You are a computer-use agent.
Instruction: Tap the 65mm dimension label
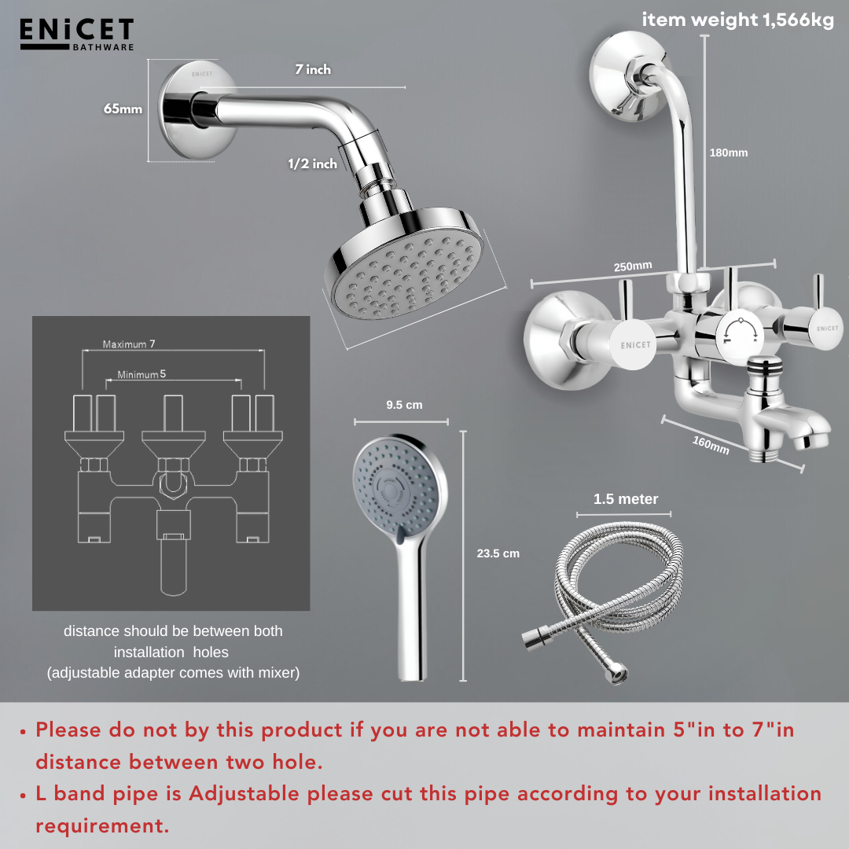[x=123, y=108]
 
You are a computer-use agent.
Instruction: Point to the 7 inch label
[x=313, y=69]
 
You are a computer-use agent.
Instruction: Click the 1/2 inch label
[x=312, y=164]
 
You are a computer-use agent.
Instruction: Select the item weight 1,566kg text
[x=737, y=20]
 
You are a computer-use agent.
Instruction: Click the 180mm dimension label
[x=729, y=153]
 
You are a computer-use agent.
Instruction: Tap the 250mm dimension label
[x=633, y=266]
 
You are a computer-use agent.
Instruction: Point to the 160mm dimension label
[x=711, y=445]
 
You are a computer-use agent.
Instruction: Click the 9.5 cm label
[x=404, y=405]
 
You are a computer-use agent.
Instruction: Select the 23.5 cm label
[x=498, y=553]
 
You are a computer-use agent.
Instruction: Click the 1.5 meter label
[x=626, y=499]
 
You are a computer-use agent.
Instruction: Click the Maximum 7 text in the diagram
[x=129, y=344]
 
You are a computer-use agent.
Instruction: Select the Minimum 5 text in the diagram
[x=141, y=374]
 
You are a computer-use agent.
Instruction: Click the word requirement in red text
[x=102, y=826]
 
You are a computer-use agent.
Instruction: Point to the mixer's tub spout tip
[x=811, y=435]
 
